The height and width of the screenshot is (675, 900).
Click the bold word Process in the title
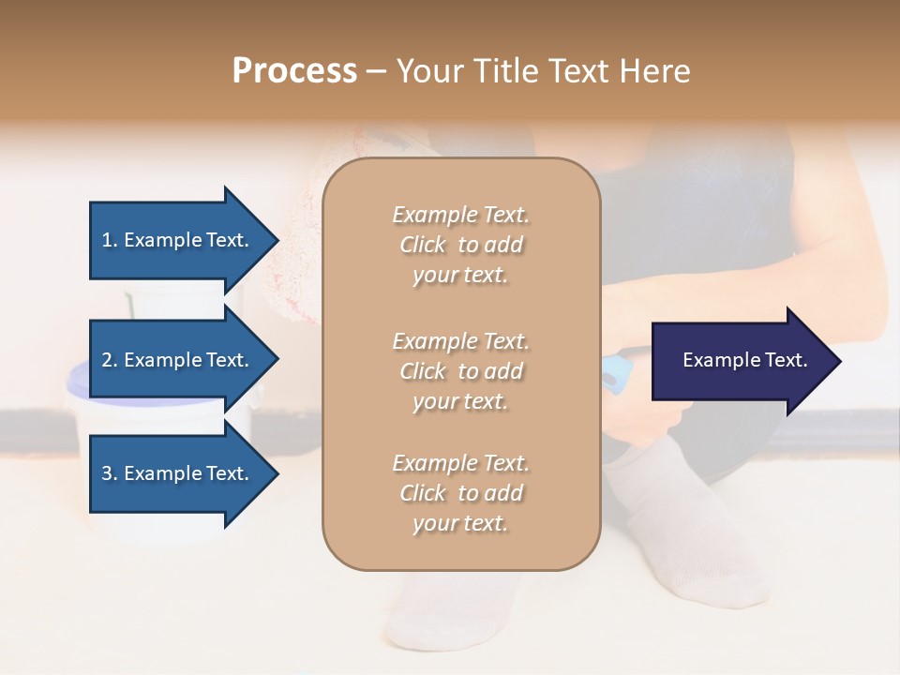294,71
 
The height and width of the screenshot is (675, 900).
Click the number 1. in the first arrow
110,240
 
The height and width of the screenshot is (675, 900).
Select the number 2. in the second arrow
110,360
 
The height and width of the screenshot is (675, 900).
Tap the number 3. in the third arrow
110,473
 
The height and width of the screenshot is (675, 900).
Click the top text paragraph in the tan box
460,245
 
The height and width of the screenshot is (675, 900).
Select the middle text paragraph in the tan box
460,371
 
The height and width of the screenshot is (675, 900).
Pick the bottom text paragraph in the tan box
460,493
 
